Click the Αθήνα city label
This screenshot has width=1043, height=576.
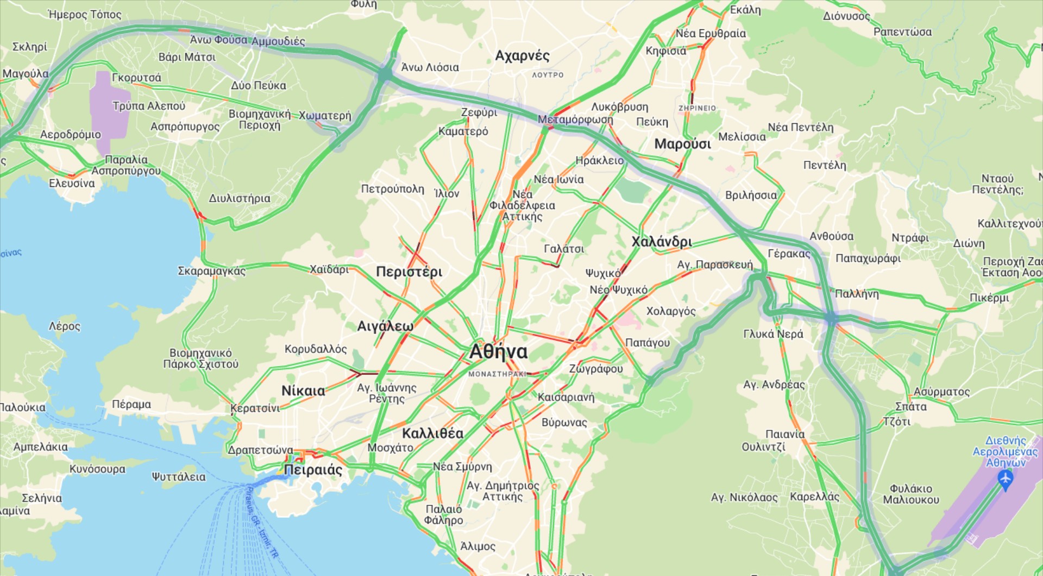498,352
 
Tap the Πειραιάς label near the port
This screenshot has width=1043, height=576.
313,469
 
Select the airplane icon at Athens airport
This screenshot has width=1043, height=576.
1005,479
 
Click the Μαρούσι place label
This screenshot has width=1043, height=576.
682,144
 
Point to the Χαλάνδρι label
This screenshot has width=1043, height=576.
662,242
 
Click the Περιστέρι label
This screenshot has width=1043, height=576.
409,272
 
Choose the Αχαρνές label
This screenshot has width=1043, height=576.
522,55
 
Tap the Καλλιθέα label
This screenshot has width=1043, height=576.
432,433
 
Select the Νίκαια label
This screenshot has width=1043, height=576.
303,391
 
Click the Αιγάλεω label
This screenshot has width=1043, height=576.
385,326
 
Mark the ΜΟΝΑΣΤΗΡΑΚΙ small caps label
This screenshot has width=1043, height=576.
497,374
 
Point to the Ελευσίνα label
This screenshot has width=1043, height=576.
72,183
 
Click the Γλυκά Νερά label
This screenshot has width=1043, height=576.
773,334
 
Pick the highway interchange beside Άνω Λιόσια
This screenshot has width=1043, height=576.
385,74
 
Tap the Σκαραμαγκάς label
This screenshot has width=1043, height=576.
212,271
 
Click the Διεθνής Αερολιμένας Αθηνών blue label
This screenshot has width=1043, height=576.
1005,451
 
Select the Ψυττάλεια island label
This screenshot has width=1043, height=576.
179,477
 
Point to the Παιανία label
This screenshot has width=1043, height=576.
785,434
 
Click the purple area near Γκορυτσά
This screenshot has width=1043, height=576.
109,111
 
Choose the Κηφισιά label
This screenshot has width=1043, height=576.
665,51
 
